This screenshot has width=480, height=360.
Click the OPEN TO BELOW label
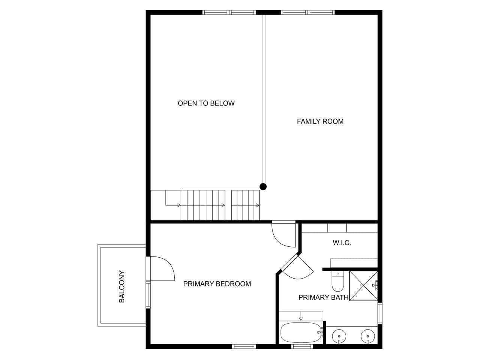[206, 103]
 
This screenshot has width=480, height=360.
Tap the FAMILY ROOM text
[320, 121]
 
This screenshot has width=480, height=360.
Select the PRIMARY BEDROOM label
[217, 284]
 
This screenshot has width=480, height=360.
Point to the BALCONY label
[121, 286]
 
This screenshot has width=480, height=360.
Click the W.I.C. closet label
[342, 243]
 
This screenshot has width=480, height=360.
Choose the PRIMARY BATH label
[323, 297]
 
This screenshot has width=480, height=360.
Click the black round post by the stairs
[263, 187]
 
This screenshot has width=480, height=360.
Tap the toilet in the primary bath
[337, 281]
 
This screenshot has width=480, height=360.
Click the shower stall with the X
[363, 286]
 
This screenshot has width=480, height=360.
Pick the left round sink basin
[339, 336]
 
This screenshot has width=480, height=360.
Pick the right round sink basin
[367, 336]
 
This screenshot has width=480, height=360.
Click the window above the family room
[307, 12]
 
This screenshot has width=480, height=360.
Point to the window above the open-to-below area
[229, 12]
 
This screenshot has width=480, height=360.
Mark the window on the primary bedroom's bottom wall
[244, 346]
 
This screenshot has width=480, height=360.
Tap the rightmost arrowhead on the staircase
[258, 205]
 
